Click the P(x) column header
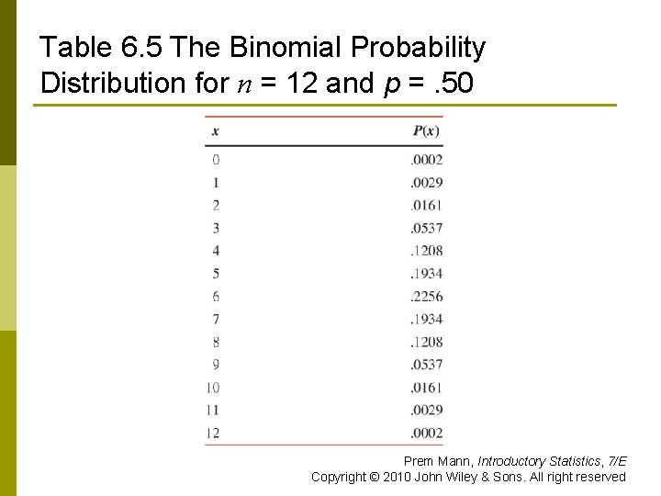point(427,131)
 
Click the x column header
point(216,131)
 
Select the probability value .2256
point(427,296)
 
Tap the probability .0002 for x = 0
point(427,159)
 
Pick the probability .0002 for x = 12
point(427,433)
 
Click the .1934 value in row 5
point(427,273)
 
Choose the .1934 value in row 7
point(427,319)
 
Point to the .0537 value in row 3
point(427,227)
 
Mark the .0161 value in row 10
point(427,387)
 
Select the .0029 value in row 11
point(427,410)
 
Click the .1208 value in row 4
point(427,250)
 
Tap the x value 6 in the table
point(216,296)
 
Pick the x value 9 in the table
point(216,364)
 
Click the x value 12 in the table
point(213,433)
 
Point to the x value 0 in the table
point(216,159)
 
